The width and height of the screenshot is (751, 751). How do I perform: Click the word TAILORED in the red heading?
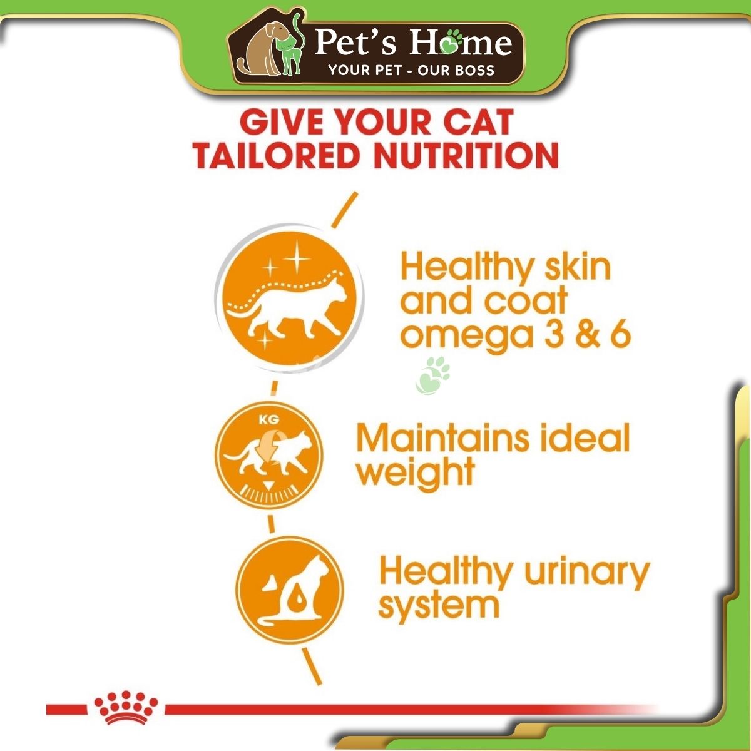pos(276,156)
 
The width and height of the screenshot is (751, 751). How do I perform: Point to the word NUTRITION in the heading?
pos(466,156)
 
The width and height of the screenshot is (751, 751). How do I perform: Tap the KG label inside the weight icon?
pos(269,420)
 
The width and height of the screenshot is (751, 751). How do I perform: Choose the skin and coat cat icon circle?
pos(289,297)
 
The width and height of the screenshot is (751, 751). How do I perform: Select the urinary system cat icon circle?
pos(290,591)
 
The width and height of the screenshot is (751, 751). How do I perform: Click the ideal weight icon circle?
pos(269,455)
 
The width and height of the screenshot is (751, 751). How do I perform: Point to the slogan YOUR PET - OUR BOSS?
pos(412,70)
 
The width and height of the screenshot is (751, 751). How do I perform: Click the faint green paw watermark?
pos(433,375)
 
